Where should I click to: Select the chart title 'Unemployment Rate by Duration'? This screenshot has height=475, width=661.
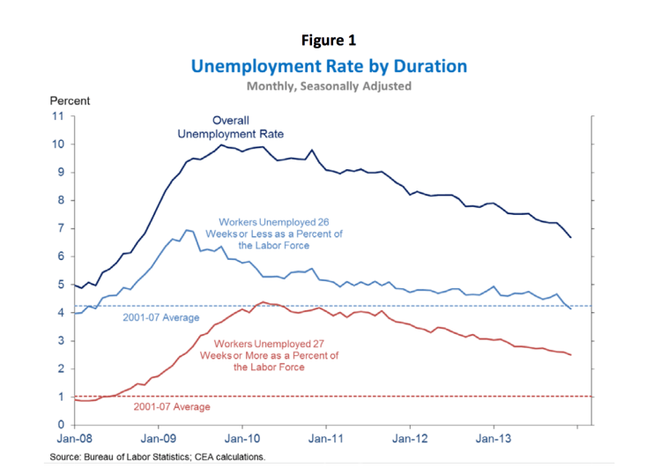pos(329,66)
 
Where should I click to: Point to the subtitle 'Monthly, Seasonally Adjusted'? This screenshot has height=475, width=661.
pos(329,86)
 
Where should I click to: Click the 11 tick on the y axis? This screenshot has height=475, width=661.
pos(58,116)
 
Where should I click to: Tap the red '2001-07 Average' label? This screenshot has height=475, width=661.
pos(172,407)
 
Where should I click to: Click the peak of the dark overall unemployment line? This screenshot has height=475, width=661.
pos(221,145)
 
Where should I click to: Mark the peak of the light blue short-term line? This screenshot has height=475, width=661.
pos(186,230)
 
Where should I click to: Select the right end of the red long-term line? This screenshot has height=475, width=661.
pos(571,354)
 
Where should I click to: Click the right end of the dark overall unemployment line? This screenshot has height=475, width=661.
pos(571,237)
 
